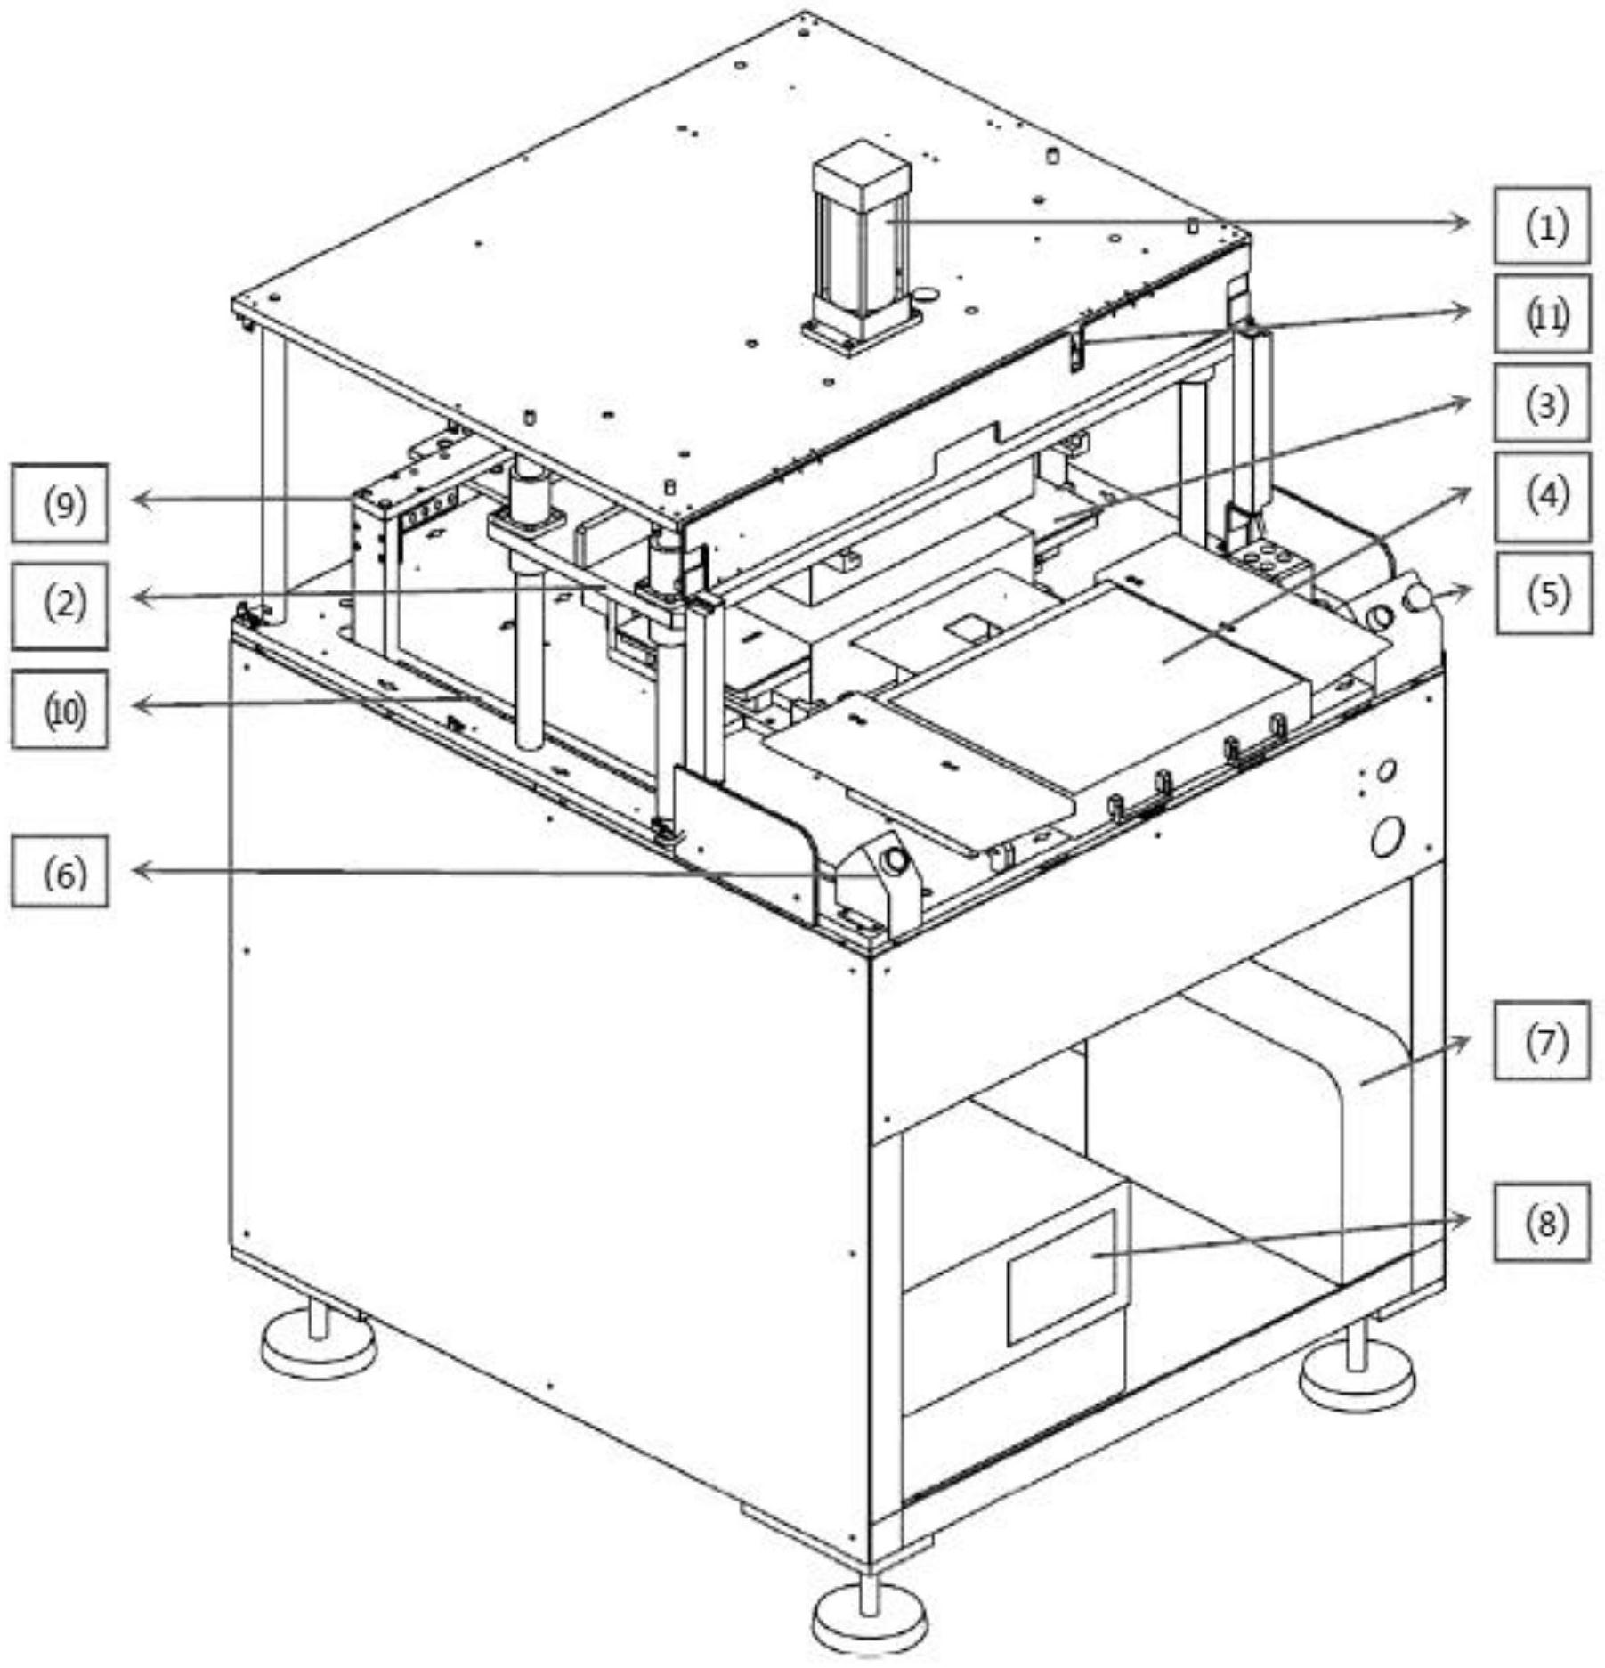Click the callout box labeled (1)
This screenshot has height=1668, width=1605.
(x=1542, y=225)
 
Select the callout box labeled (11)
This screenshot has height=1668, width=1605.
(x=1542, y=314)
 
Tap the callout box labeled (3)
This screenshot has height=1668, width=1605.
(x=1542, y=403)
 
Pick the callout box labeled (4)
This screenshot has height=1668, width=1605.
(x=1542, y=496)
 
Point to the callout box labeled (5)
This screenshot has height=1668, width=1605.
(x=1544, y=593)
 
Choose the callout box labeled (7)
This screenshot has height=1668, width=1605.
(x=1542, y=1041)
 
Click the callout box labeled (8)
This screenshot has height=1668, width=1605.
(x=1542, y=1222)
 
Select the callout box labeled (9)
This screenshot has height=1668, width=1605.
(x=61, y=503)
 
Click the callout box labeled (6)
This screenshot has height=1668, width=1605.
(x=61, y=871)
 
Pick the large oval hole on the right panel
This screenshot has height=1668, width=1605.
(x=1387, y=835)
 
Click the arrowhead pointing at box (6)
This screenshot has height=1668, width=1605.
(x=139, y=871)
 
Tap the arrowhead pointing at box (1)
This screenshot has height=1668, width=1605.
(x=1463, y=223)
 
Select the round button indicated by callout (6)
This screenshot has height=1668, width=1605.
(x=893, y=860)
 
